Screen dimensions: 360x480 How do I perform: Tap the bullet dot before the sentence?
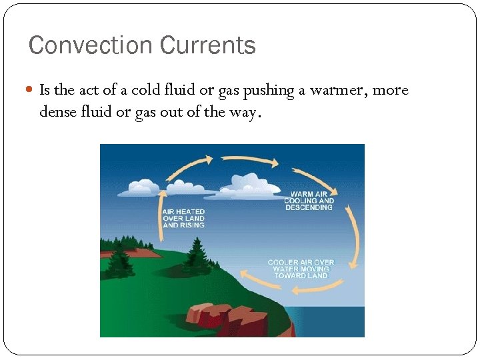coord(32,90)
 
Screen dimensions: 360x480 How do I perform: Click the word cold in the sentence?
coord(144,90)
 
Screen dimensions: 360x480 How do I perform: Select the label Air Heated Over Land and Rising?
coord(184,219)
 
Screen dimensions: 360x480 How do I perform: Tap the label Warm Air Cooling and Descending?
coord(309,201)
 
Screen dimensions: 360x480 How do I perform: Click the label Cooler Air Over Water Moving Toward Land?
coord(301,269)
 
